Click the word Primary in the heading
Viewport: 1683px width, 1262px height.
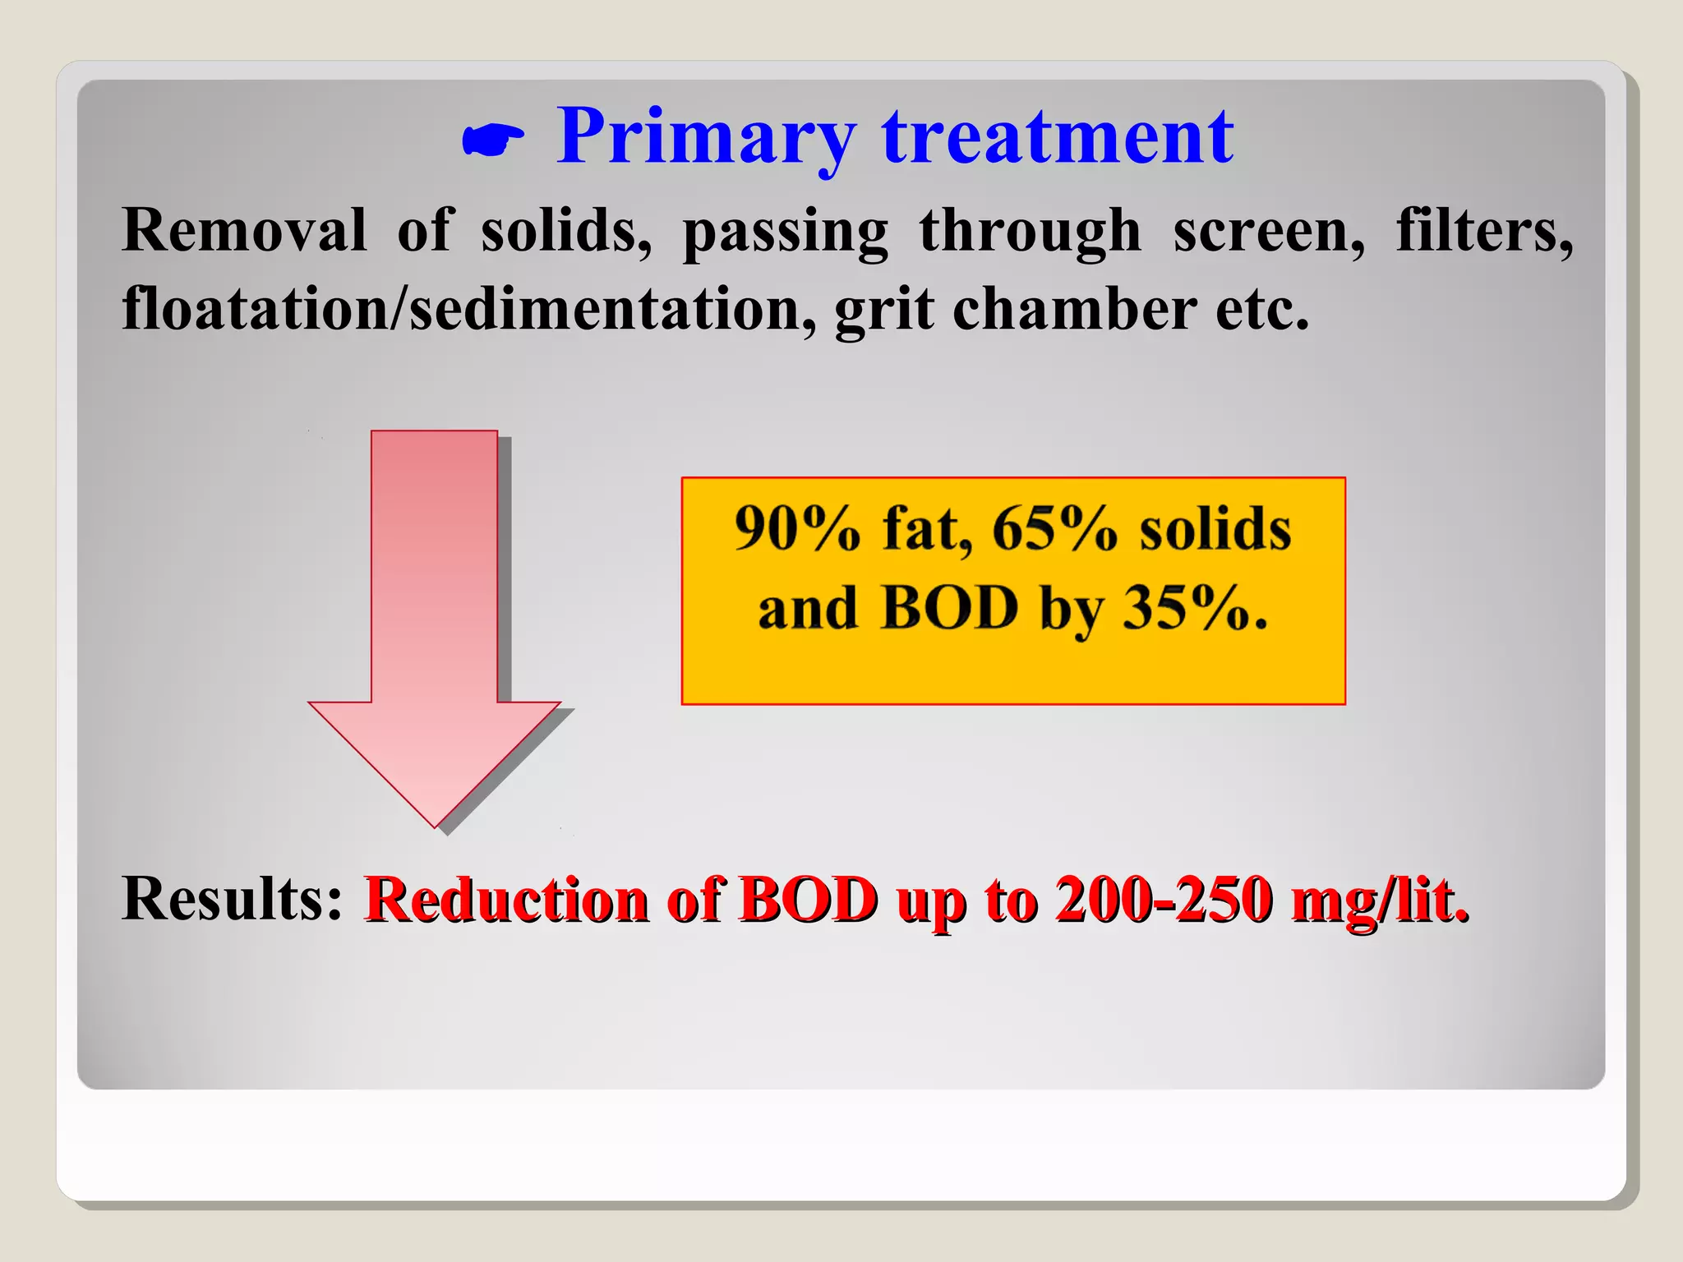pos(707,138)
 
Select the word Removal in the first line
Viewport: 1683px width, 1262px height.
pos(244,231)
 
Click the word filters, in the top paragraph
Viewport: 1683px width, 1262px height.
pos(1485,231)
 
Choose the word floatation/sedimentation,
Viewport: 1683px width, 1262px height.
pos(469,310)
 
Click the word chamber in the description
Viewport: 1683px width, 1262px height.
pos(1074,310)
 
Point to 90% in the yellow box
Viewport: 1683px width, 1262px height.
pos(796,528)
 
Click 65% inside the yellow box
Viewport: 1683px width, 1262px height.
pos(1054,528)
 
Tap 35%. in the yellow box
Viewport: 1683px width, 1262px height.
pos(1195,609)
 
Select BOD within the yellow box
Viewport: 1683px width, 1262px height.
pos(949,609)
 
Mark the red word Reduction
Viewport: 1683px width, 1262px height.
pos(508,900)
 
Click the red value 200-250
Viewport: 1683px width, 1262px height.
pos(1164,900)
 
